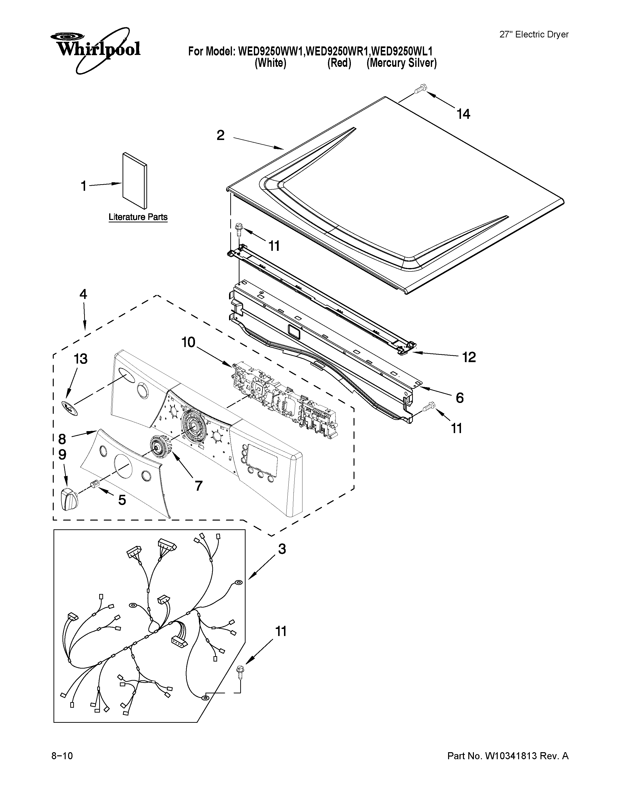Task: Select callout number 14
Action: pos(463,114)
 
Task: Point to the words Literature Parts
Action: pos(138,217)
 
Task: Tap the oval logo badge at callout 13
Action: pos(70,408)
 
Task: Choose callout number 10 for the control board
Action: pos(189,343)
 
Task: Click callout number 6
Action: pos(460,397)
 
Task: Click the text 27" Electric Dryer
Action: pos(534,35)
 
